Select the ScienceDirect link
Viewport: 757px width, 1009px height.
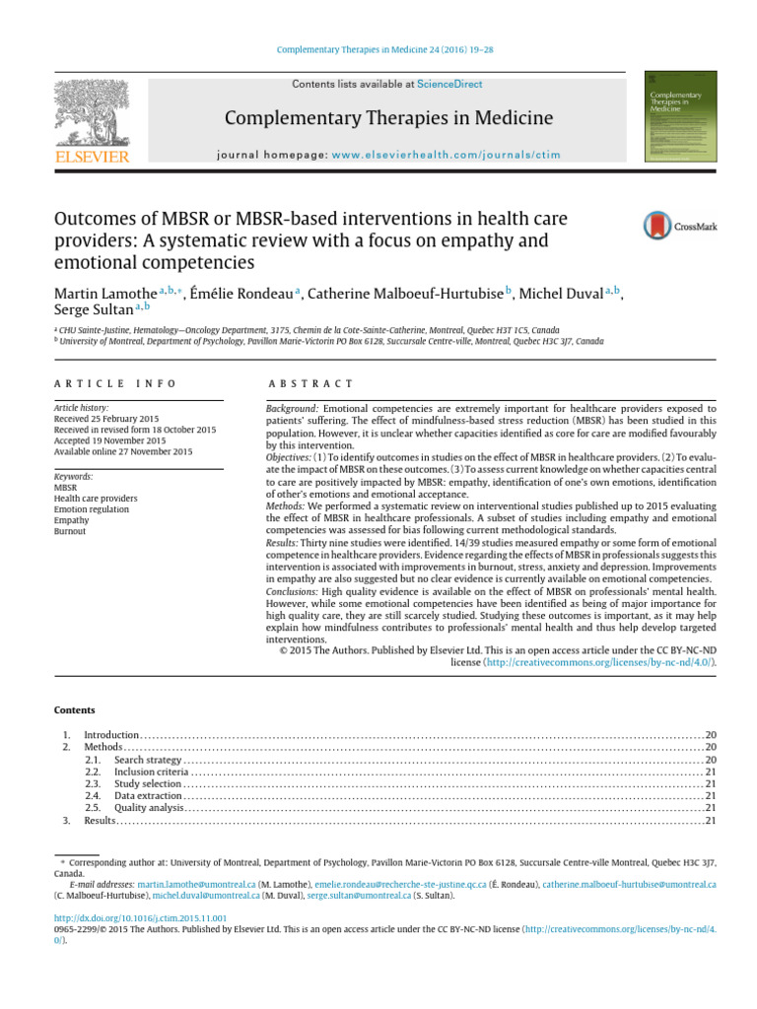click(x=449, y=85)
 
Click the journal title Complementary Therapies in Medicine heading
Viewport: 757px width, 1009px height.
click(x=389, y=119)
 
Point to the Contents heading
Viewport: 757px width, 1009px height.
click(x=75, y=709)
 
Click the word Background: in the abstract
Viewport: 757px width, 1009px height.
click(x=293, y=407)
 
